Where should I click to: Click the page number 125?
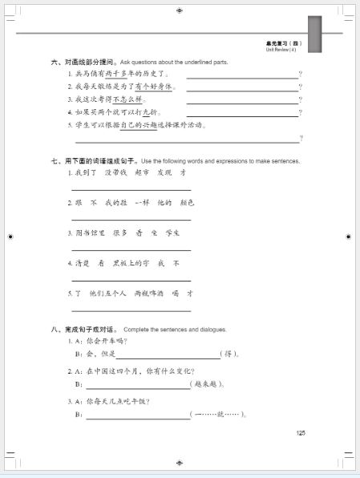pos(301,433)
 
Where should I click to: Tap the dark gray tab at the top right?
pos(314,34)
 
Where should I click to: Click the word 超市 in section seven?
pos(142,172)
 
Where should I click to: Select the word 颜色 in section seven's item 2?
pos(185,202)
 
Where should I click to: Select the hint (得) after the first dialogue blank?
pos(231,354)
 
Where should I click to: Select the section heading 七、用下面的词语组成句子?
pos(93,161)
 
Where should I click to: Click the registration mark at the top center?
pos(180,10)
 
